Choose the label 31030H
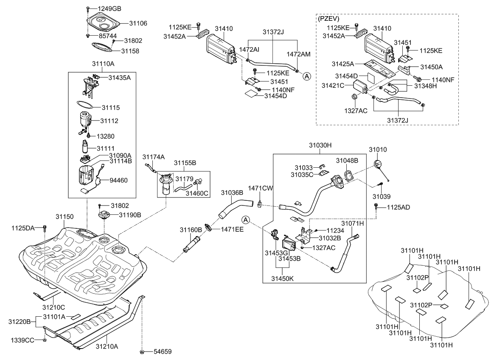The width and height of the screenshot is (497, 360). tap(320, 145)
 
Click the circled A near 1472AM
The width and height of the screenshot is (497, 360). tap(306, 76)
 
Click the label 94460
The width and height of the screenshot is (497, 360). tap(119, 180)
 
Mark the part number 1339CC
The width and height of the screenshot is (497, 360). tap(22, 340)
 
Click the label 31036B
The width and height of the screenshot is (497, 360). tap(232, 192)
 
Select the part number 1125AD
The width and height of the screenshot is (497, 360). tap(398, 207)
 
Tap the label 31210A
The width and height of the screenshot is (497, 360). tap(107, 347)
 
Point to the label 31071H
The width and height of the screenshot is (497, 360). tap(352, 222)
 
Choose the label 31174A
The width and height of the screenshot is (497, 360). tap(153, 157)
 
